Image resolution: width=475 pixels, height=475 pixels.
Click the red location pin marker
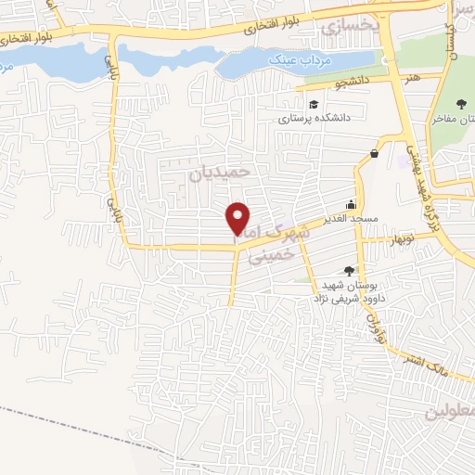coord(239,217)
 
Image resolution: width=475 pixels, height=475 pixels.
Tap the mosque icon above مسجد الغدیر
coord(351,204)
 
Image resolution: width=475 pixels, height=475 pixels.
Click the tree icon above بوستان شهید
coord(349,269)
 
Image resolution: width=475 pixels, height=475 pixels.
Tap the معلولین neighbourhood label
coord(450,409)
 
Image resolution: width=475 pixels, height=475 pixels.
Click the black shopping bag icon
coord(374,153)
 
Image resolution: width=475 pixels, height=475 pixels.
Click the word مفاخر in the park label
coord(447,120)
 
